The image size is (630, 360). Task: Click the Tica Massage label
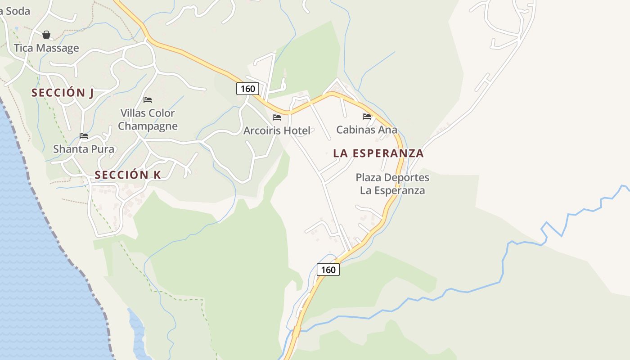(46, 48)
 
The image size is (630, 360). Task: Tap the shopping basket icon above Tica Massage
(46, 35)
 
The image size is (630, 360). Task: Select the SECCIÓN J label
(63, 93)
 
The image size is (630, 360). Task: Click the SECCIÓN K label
(127, 175)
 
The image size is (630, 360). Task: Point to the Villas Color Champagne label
(148, 119)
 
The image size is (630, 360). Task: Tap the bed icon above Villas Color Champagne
(148, 99)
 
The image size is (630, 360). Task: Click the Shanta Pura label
(84, 149)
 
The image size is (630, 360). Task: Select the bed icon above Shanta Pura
(84, 135)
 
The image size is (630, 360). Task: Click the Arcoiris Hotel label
(277, 130)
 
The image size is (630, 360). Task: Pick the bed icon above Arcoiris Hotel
(277, 117)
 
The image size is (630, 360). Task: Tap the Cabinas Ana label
(367, 130)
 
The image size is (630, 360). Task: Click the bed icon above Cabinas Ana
(367, 117)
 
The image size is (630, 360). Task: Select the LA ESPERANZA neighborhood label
(378, 153)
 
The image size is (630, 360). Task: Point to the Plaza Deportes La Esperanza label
(392, 184)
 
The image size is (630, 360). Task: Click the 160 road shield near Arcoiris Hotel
(247, 89)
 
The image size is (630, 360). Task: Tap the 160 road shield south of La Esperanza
(328, 270)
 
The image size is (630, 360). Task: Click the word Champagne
(148, 126)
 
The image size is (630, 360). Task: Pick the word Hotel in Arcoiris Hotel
(297, 130)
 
